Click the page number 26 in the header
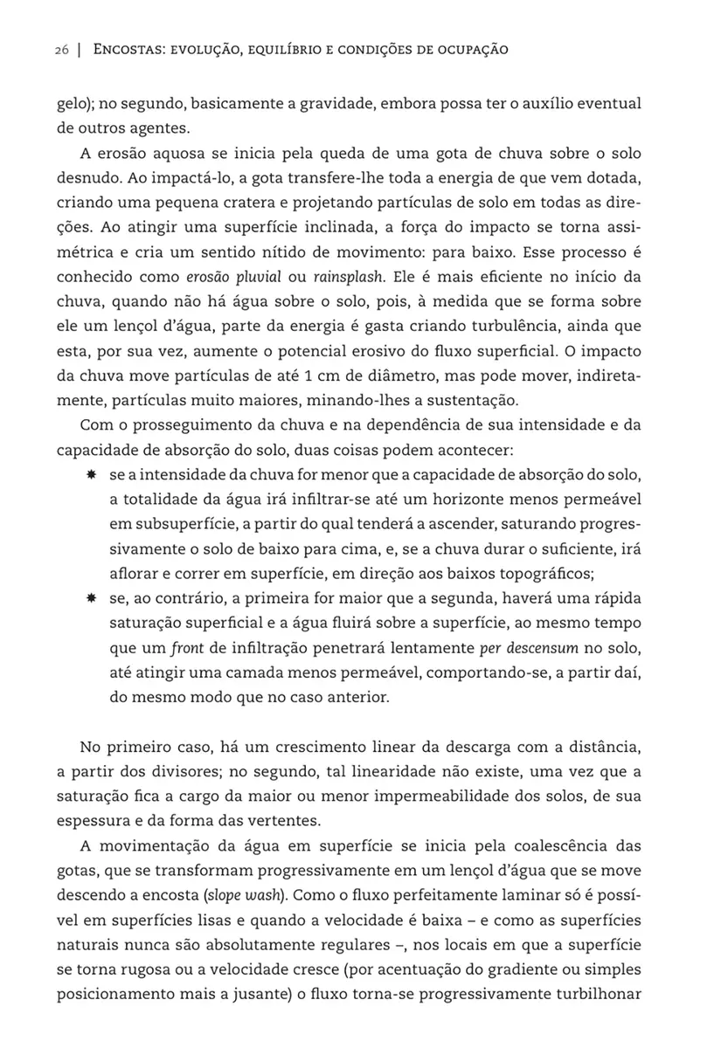(x=60, y=50)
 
